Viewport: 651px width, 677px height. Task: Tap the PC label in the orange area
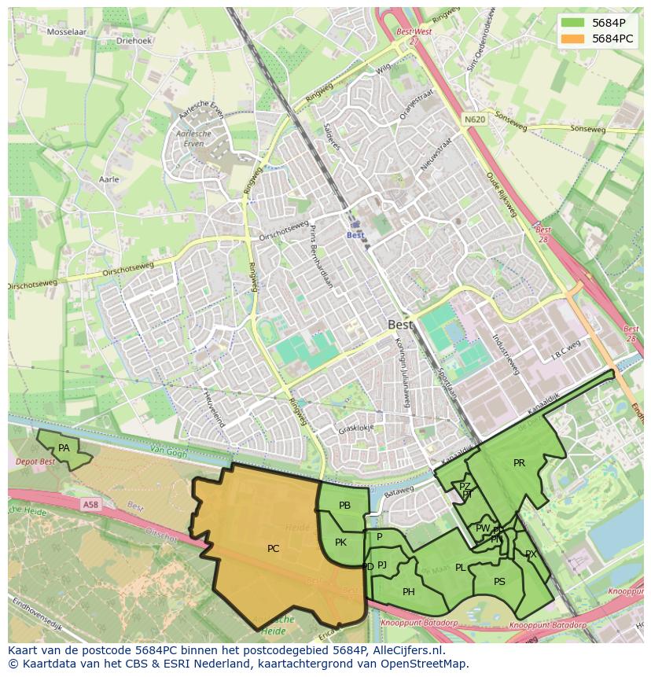(x=273, y=549)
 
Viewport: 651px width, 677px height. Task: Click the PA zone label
(x=64, y=448)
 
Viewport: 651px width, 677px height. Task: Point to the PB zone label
(x=344, y=506)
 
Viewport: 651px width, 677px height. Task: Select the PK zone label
(x=340, y=543)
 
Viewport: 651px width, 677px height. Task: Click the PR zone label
(x=519, y=463)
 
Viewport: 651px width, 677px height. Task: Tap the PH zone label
(x=408, y=592)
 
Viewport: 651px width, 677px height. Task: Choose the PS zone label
(x=499, y=582)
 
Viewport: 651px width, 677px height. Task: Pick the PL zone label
(x=460, y=568)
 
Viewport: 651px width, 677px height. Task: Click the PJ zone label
(x=382, y=565)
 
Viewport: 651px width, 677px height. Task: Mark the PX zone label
(x=531, y=554)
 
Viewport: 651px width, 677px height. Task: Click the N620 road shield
(x=474, y=120)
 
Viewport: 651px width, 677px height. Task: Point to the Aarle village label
(x=109, y=179)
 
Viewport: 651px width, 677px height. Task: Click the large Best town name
(x=400, y=324)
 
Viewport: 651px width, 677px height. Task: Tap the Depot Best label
(x=36, y=462)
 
